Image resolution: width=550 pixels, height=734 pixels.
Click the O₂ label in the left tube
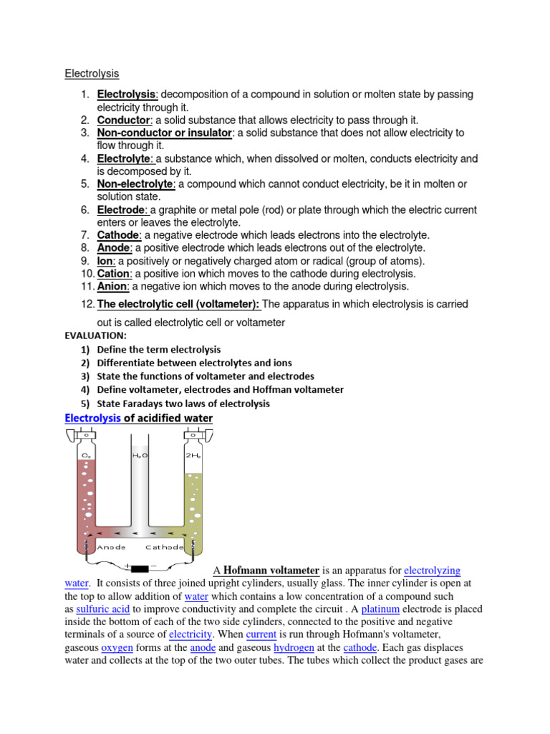[x=87, y=454]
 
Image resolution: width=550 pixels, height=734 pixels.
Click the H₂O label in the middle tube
[x=140, y=454]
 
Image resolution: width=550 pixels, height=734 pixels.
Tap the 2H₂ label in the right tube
[x=193, y=454]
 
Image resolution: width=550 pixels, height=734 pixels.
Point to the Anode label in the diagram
[x=112, y=547]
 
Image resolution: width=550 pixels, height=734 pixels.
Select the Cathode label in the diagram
[x=164, y=547]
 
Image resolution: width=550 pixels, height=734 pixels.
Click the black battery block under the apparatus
[x=140, y=568]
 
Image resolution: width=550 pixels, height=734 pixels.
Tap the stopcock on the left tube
[x=87, y=434]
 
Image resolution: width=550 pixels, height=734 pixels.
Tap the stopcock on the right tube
[x=193, y=434]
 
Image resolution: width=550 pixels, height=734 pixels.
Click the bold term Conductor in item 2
[x=123, y=120]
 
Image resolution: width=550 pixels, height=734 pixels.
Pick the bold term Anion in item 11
[x=112, y=286]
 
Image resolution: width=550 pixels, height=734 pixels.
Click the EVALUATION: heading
[x=95, y=335]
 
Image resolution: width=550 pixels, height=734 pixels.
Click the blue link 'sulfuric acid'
[x=103, y=609]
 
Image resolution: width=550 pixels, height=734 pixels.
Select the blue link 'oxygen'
[x=117, y=648]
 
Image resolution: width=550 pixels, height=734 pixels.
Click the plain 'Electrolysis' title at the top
[x=92, y=73]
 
